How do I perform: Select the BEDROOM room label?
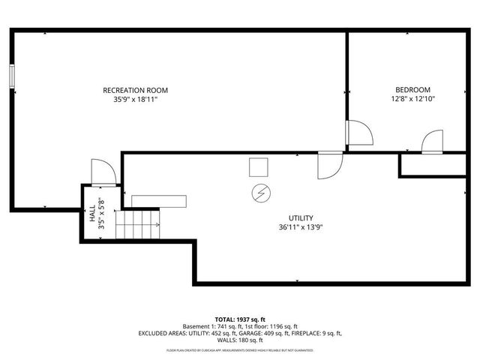413,90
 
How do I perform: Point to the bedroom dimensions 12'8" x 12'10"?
413,99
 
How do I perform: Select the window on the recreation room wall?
12,76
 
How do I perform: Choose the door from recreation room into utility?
329,166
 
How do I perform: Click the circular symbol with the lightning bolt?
259,193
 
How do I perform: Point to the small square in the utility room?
259,166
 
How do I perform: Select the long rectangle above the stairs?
158,200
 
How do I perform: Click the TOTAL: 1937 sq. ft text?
240,318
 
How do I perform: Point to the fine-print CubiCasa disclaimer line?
240,350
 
